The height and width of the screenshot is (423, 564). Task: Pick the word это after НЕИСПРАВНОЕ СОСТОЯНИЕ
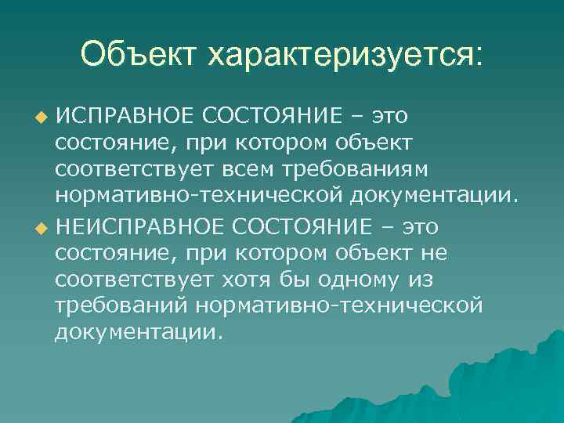[x=420, y=227]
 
